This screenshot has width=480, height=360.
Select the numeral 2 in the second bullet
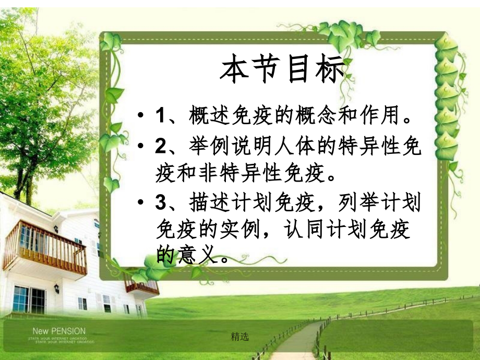pyautogui.click(x=160, y=147)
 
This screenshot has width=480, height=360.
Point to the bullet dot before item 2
pyautogui.click(x=140, y=148)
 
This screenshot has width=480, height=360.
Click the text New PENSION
pyautogui.click(x=59, y=331)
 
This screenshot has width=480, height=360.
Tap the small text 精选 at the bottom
pyautogui.click(x=240, y=337)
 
